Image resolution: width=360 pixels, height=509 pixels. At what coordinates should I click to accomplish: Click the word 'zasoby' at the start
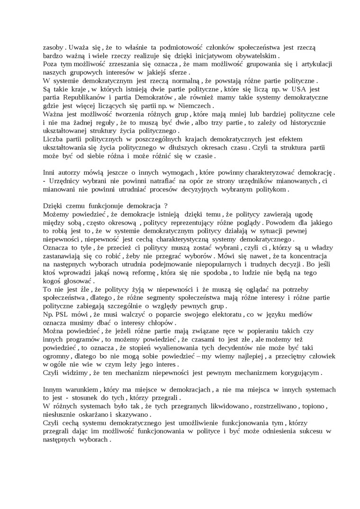pyautogui.click(x=53, y=47)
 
